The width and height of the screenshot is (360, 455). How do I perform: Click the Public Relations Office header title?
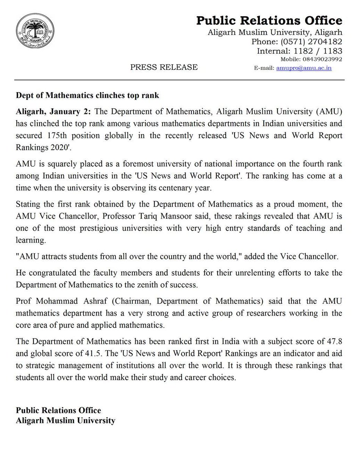[269, 20]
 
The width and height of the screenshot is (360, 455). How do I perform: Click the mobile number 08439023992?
[322, 60]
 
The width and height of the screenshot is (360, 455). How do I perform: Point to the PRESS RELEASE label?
[164, 67]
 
